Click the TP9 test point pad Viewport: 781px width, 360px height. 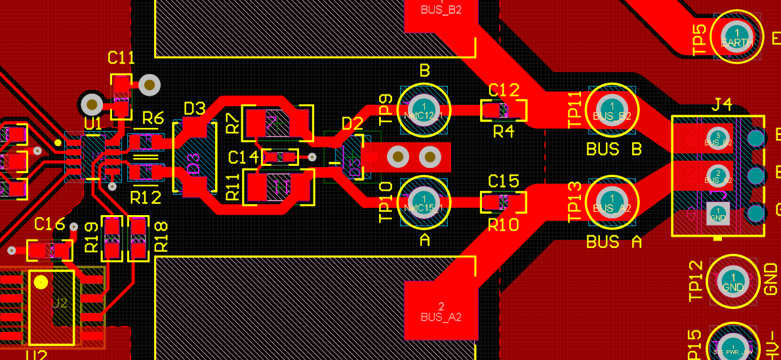coord(424,109)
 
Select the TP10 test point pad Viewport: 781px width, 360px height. coord(424,201)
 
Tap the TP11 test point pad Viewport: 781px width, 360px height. coord(612,109)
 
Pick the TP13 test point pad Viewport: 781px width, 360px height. coord(612,201)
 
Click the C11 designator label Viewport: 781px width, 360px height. coord(121,58)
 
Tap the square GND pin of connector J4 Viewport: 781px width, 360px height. coord(718,213)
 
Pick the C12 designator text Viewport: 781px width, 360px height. coord(504,90)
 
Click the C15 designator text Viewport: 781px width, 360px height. coord(504,181)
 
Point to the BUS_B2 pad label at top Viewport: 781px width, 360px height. coord(441,10)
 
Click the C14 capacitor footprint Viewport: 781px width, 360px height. coord(280,157)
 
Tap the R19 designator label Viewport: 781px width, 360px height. coord(92,237)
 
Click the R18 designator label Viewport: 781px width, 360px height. coord(161,237)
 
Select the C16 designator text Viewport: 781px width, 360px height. coord(50,224)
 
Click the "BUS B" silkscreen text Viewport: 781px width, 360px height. coord(614,150)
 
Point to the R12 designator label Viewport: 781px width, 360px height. coord(146,197)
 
